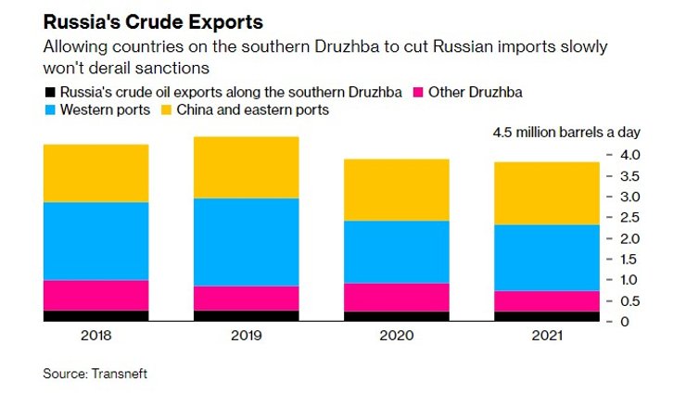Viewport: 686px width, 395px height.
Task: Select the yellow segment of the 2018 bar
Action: coord(96,173)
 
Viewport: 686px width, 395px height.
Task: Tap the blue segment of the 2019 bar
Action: coord(246,242)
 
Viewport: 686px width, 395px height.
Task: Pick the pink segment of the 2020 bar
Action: coord(396,297)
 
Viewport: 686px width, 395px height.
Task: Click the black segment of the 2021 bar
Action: coord(546,316)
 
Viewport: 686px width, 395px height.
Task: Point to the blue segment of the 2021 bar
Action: coord(546,258)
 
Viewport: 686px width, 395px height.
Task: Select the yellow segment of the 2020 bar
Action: coord(396,190)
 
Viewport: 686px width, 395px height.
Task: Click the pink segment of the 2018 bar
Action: coord(96,295)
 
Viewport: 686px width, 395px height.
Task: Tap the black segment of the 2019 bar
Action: coord(246,316)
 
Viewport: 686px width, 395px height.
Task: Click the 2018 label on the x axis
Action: coord(96,337)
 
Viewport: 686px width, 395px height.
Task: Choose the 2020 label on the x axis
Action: coord(396,337)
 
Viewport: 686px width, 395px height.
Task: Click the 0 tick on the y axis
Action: coord(626,322)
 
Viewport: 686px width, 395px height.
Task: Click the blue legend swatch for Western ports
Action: coord(49,110)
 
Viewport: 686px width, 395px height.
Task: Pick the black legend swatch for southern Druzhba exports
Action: coord(49,92)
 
